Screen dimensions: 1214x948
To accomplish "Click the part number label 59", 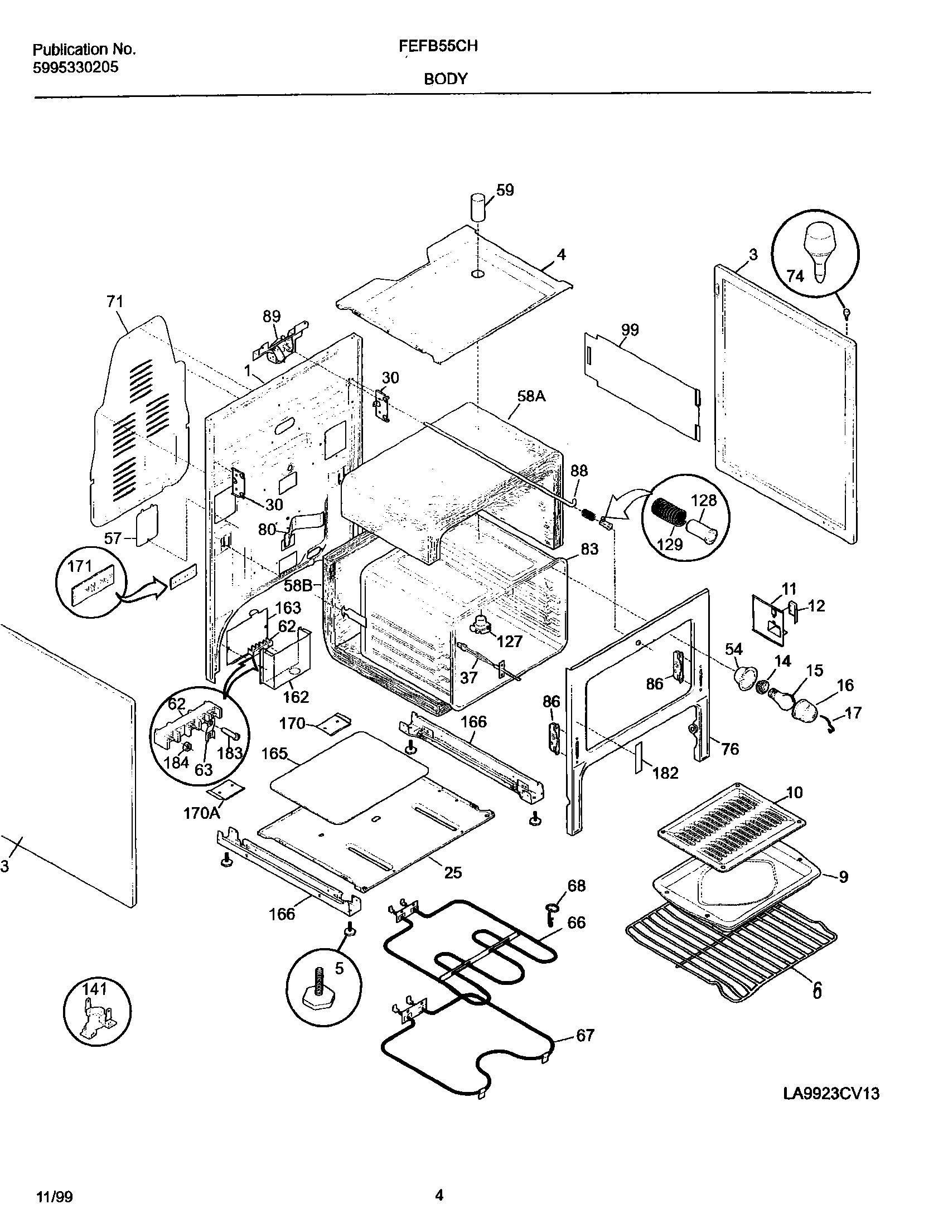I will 505,190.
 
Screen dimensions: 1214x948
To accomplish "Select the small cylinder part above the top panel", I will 478,207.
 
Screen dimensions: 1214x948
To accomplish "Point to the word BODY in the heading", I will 446,79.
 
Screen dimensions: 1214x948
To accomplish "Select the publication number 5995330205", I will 75,68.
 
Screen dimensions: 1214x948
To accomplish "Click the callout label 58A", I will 531,396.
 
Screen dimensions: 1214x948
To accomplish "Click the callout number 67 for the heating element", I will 585,1035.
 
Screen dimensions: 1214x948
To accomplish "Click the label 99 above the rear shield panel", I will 630,329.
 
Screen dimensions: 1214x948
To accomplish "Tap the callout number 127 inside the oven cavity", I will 509,641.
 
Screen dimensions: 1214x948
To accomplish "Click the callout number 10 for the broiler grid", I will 794,792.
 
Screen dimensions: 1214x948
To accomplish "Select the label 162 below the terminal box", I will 296,697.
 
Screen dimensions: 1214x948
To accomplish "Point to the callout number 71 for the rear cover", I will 115,302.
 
